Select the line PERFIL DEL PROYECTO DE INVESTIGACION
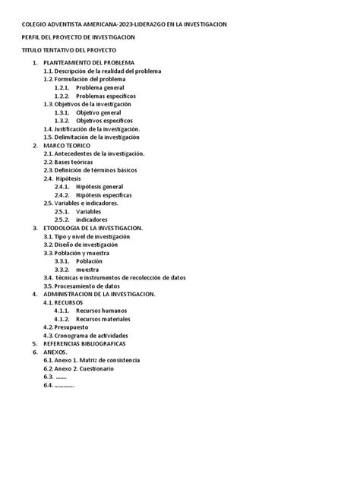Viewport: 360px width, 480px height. [x=80, y=37]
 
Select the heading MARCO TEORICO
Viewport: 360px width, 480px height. [x=67, y=145]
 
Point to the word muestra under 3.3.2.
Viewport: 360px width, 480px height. [x=87, y=269]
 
